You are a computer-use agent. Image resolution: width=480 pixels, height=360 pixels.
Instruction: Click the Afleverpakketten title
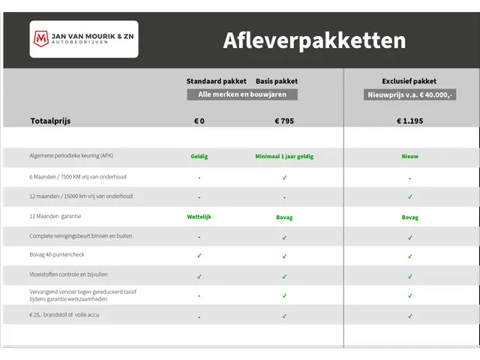pos(314,40)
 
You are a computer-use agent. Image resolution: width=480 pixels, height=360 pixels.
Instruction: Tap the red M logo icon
pos(40,37)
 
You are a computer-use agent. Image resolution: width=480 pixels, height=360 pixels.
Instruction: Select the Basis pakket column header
pos(277,81)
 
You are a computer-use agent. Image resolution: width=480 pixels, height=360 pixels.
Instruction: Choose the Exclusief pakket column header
pos(409,81)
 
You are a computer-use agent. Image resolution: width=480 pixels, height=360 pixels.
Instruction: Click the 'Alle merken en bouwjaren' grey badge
pos(242,94)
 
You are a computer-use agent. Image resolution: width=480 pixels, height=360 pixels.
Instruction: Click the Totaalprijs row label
pos(51,120)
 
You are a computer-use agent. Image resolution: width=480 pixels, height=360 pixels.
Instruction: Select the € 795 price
pos(284,120)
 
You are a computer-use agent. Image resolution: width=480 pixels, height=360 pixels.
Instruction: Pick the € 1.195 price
pos(409,120)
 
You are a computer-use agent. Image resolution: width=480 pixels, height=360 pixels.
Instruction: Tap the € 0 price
pos(199,120)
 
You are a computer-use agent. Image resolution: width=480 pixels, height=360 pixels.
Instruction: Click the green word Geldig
pos(199,157)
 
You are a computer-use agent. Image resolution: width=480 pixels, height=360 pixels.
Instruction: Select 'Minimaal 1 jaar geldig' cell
pos(284,157)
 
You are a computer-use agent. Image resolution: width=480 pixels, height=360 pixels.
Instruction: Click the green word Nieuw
pos(409,157)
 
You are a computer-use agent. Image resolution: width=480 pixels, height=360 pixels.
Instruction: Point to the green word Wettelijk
pos(199,217)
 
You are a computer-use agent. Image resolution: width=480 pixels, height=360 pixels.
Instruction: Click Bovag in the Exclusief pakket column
pos(409,217)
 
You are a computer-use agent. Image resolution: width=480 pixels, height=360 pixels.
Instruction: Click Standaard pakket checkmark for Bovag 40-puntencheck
pos(199,256)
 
